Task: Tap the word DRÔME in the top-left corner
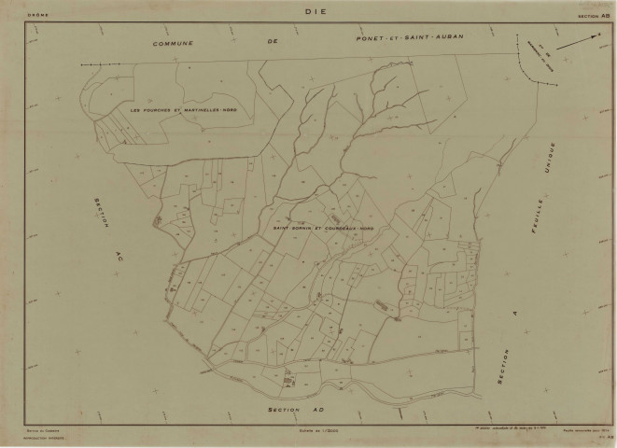(x=37, y=15)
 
